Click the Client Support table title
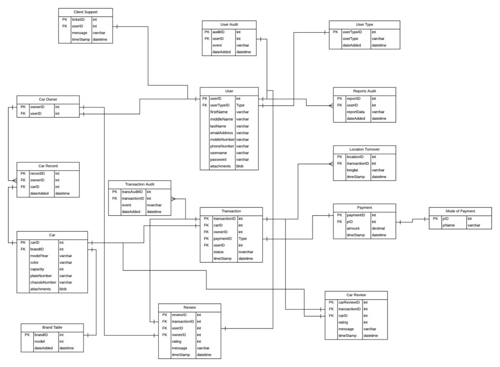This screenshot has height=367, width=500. pos(85,12)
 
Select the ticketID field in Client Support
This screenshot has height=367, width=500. pos(78,20)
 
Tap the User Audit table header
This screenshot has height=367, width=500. pos(229,24)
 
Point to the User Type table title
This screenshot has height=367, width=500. pos(365,24)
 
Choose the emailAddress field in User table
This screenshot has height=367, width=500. pos(222,133)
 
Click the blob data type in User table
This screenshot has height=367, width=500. pos(240,166)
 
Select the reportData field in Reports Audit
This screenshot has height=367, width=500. pos(355,112)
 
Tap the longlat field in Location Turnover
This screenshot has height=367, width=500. pos(354,170)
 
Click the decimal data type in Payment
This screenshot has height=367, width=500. pos(379,228)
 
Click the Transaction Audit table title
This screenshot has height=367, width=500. pos(140,184)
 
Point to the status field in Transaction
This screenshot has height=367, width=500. pos(218,252)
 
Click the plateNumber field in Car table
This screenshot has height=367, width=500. pos(42,276)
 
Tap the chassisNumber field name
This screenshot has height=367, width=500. pos(43,283)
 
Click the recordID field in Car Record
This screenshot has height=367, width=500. pos(38,173)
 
